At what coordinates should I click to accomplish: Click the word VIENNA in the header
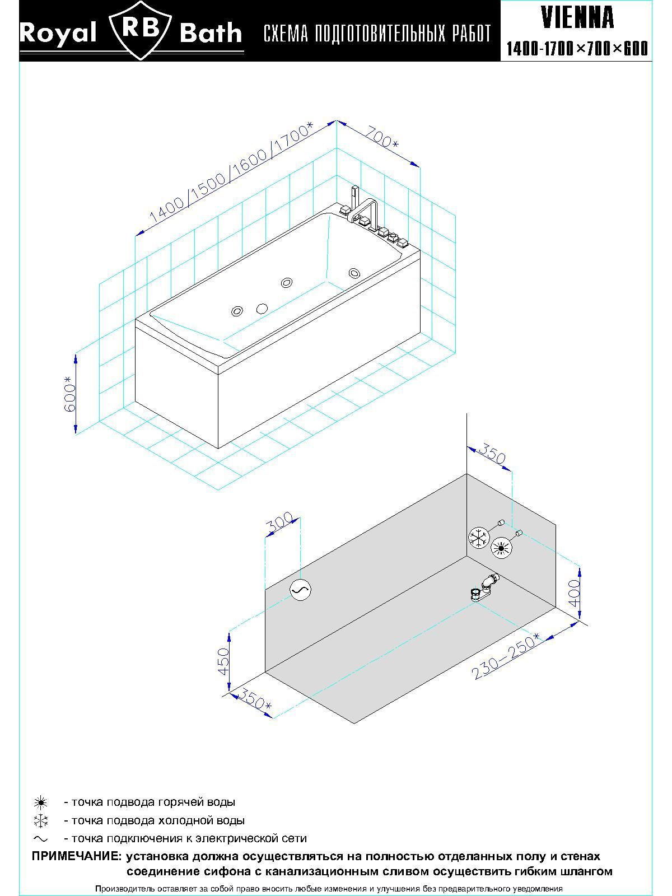click(x=577, y=18)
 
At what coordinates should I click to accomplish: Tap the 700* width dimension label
click(x=382, y=138)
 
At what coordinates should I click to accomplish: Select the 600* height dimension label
click(x=69, y=394)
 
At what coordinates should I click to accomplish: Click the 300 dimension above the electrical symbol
click(x=280, y=522)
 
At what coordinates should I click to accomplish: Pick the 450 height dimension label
click(x=223, y=661)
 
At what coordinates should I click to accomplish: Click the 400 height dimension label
click(x=574, y=593)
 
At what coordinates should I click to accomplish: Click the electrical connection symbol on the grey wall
click(x=300, y=589)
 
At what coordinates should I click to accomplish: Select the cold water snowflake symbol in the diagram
click(x=479, y=538)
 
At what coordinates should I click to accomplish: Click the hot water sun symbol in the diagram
click(x=501, y=547)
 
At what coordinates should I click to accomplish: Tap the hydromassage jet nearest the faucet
click(x=354, y=273)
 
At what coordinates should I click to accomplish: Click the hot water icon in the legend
click(x=41, y=802)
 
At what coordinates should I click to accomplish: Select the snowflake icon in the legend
click(x=41, y=821)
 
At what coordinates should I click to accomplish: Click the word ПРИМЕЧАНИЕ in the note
click(x=76, y=856)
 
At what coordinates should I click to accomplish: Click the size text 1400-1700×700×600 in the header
click(x=577, y=49)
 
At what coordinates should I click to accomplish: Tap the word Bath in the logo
click(x=211, y=34)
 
